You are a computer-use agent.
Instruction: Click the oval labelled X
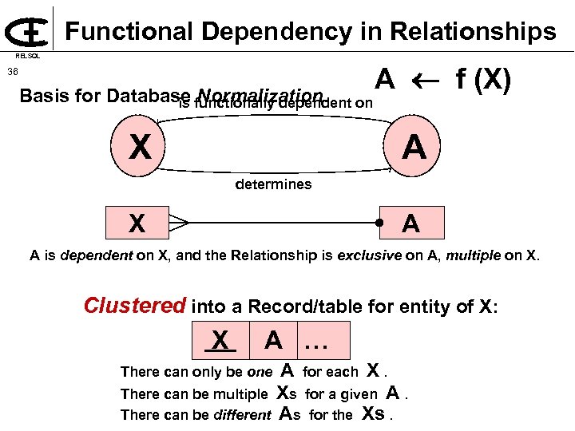141,147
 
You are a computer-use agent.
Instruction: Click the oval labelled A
414,147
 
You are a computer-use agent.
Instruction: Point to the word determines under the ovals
273,184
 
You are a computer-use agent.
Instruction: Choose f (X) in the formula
482,80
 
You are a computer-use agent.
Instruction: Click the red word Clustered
135,306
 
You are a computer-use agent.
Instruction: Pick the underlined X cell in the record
220,341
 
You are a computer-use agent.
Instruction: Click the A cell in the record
273,341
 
